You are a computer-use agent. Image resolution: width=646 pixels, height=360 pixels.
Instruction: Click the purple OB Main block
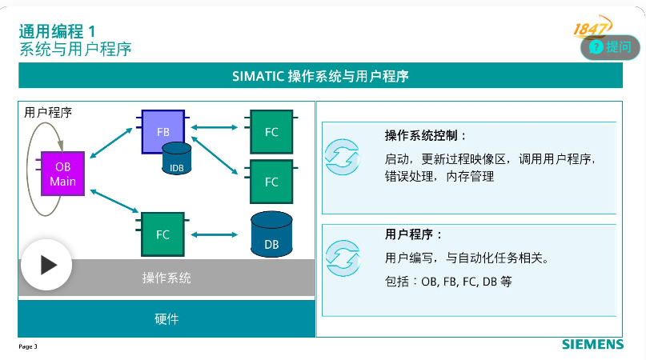62,173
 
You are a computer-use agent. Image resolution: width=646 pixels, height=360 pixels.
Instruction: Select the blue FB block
163,130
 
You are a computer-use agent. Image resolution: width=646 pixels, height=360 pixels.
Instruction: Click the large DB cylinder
271,234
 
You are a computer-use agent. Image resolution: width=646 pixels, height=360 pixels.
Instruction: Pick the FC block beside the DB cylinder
163,234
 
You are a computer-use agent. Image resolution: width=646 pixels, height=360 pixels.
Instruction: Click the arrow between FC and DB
216,234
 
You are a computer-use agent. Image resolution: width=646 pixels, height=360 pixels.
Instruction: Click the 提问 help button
612,46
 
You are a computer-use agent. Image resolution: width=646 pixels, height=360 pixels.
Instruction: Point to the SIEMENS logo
592,345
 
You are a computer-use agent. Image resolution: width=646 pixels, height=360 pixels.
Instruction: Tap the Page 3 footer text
28,346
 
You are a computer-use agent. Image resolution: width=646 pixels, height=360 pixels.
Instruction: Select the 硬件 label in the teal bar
167,318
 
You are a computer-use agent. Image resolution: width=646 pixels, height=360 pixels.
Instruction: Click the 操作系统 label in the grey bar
167,278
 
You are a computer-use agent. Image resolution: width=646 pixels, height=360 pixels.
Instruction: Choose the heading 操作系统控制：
424,135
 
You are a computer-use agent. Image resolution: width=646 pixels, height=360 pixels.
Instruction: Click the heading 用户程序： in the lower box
413,234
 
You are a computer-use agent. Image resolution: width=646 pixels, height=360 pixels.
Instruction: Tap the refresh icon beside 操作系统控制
343,157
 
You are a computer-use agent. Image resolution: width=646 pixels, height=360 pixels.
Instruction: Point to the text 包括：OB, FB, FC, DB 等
447,282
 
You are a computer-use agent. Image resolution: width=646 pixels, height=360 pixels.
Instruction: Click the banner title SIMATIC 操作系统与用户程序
320,76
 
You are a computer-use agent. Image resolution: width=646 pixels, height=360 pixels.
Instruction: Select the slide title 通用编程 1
57,30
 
